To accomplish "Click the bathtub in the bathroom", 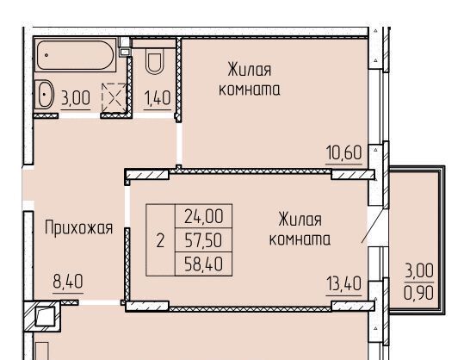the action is [75, 55].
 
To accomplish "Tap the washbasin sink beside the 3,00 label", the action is [45, 95].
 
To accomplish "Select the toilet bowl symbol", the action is [154, 63].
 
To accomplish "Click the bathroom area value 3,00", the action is [76, 98].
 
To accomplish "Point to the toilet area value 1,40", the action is [158, 98].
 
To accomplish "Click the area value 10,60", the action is [343, 152].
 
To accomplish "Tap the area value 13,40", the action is [343, 283].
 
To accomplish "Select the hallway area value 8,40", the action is [68, 282].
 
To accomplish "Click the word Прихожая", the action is [78, 228].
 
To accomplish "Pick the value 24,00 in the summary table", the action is [203, 216].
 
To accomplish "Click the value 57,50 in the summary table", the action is [203, 240].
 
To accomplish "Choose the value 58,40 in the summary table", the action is [203, 264].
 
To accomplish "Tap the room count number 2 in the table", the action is [160, 240].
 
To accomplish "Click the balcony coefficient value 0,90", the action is [419, 293].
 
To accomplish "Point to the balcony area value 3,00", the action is [419, 270].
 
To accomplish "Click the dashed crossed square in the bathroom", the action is [114, 98].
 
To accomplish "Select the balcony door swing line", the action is [374, 227].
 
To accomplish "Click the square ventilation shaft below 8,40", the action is [45, 316].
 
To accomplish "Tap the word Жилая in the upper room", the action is [250, 70].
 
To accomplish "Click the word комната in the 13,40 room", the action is [300, 239].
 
